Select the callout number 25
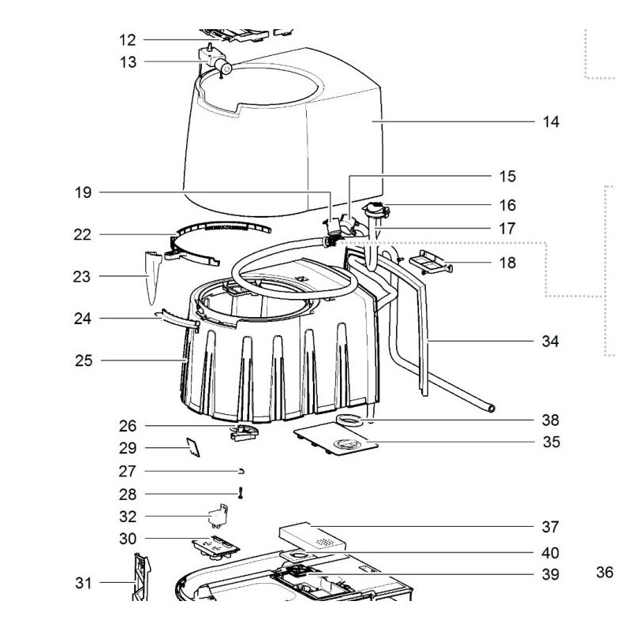tap(84, 361)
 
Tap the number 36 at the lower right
tap(604, 573)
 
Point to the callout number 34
tap(551, 342)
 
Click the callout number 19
tap(84, 192)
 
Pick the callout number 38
tap(551, 420)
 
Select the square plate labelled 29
tap(192, 447)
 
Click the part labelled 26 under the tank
tap(244, 433)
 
